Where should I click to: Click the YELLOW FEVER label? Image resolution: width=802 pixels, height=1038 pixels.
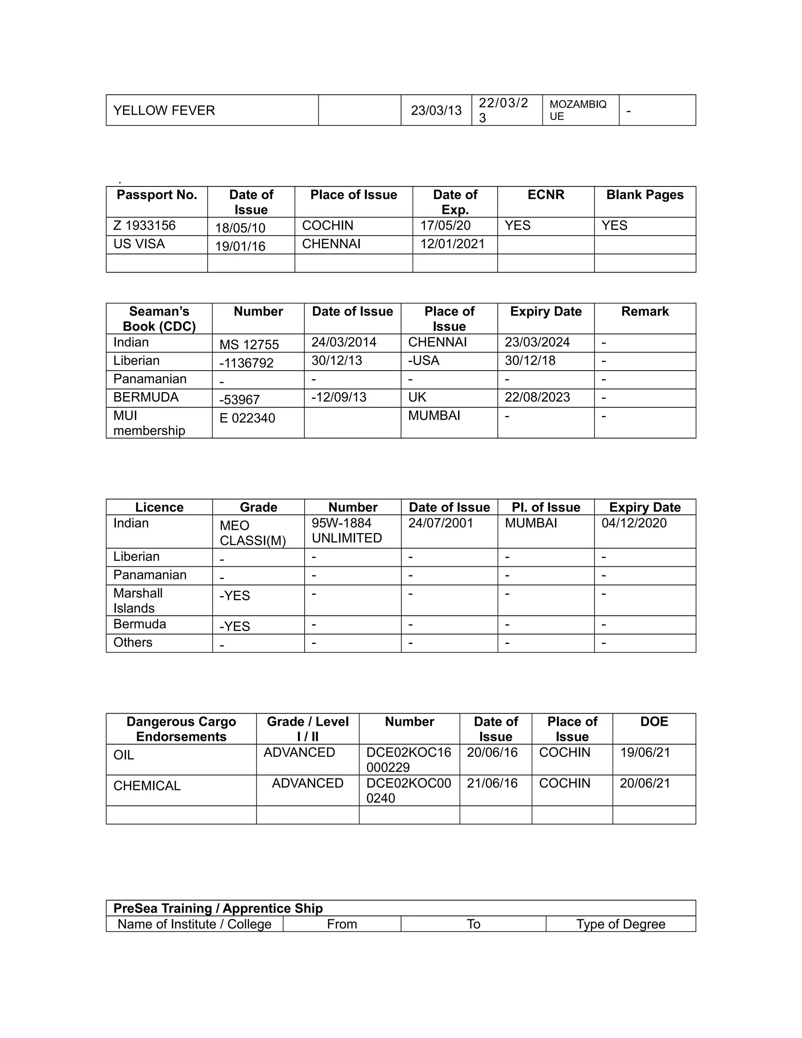pyautogui.click(x=164, y=110)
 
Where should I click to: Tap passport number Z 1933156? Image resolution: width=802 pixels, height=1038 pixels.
pyautogui.click(x=145, y=225)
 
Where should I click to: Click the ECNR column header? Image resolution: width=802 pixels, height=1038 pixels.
pyautogui.click(x=546, y=195)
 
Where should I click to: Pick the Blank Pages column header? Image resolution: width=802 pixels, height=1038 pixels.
pyautogui.click(x=645, y=195)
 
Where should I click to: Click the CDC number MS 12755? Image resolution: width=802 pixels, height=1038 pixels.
pyautogui.click(x=249, y=344)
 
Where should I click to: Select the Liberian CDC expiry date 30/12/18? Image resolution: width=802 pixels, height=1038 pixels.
pyautogui.click(x=530, y=360)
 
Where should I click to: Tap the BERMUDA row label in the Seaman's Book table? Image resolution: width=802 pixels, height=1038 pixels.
pyautogui.click(x=146, y=397)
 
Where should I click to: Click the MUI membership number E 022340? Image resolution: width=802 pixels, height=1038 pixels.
pyautogui.click(x=247, y=418)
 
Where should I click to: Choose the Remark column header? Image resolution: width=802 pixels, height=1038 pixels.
pyautogui.click(x=645, y=311)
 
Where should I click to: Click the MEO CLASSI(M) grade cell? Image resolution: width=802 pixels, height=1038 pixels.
pyautogui.click(x=253, y=533)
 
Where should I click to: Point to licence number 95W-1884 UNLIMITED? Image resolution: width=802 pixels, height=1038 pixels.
pyautogui.click(x=347, y=530)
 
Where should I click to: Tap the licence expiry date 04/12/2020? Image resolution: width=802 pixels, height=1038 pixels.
pyautogui.click(x=634, y=523)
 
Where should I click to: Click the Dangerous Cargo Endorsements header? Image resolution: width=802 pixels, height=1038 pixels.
pyautogui.click(x=181, y=729)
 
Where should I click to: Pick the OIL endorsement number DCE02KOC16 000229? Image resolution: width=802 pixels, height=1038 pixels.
pyautogui.click(x=408, y=760)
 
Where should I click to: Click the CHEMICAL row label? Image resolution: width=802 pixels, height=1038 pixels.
pyautogui.click(x=147, y=786)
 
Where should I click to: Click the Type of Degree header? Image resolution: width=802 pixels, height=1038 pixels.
pyautogui.click(x=621, y=924)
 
